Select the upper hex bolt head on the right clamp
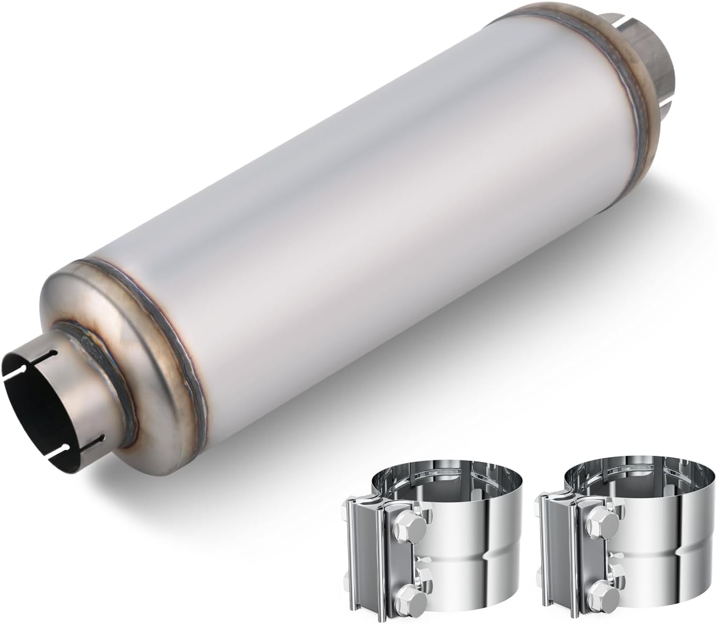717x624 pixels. (601, 528)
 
